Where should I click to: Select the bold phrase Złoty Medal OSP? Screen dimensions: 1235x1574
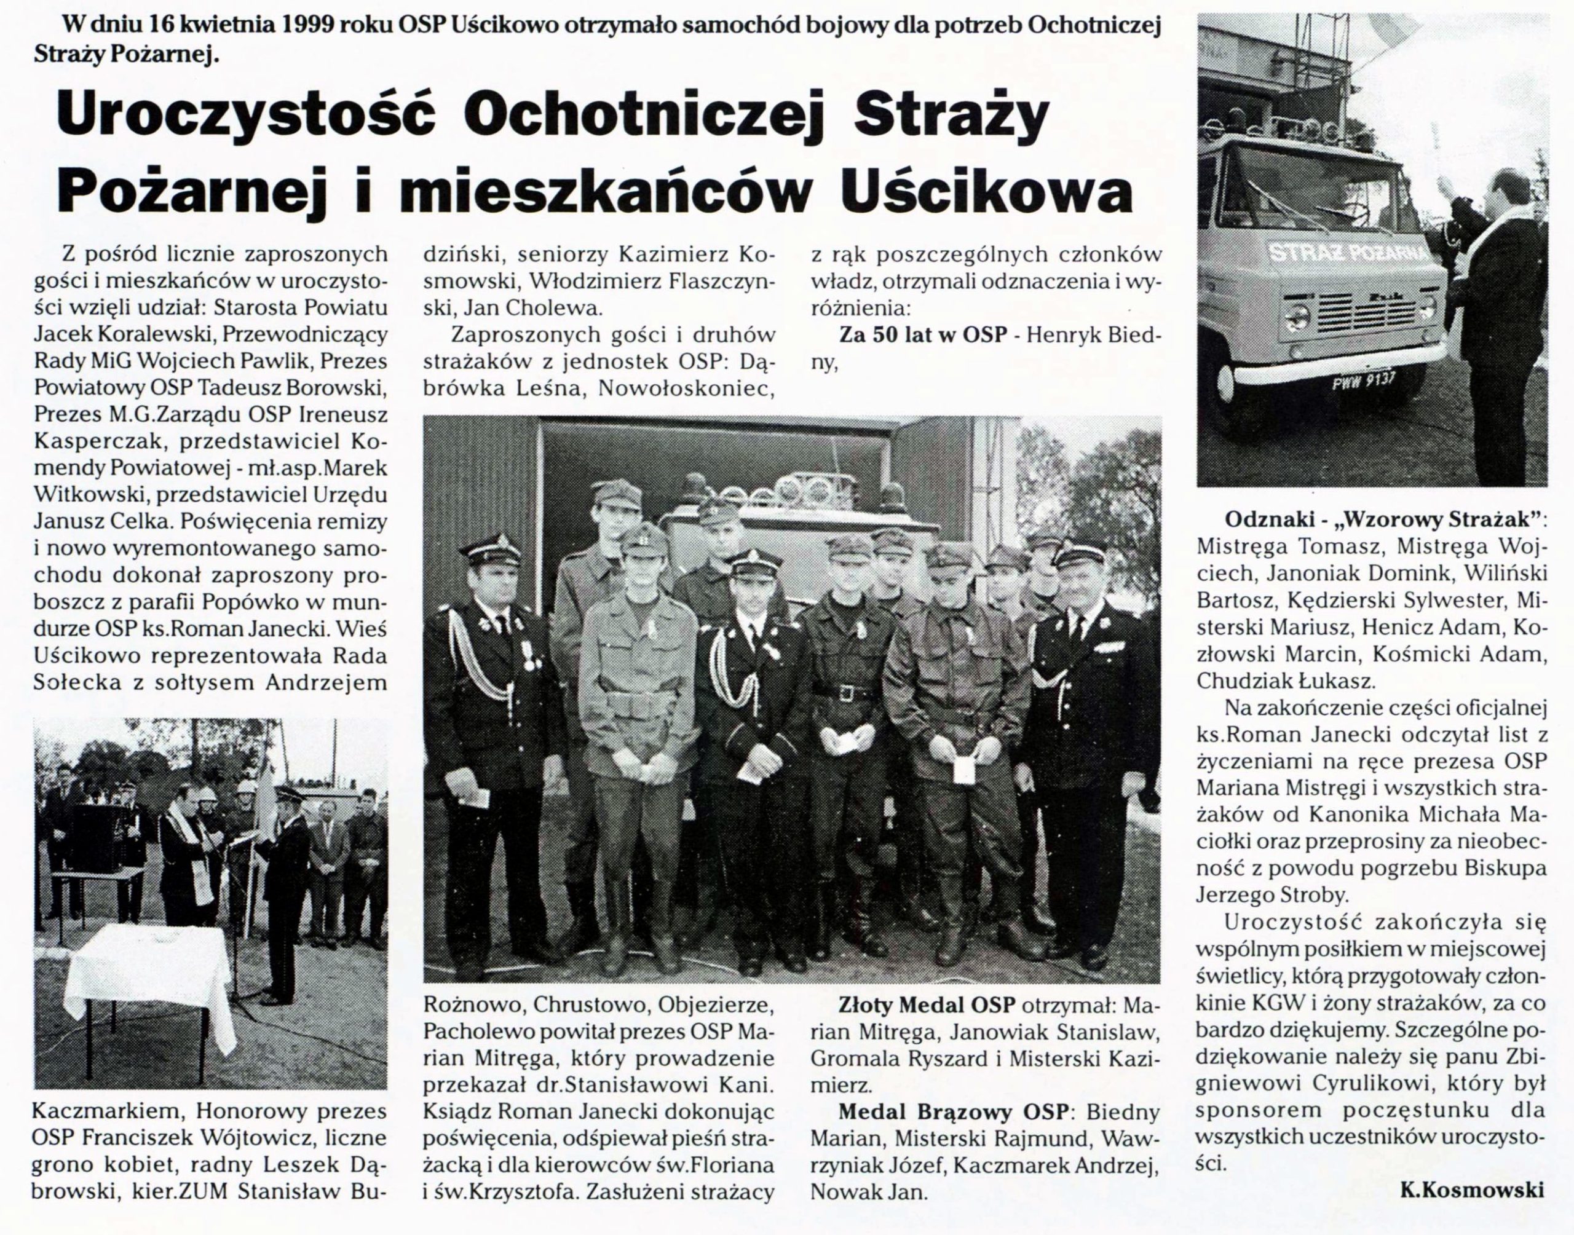pos(917,1006)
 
